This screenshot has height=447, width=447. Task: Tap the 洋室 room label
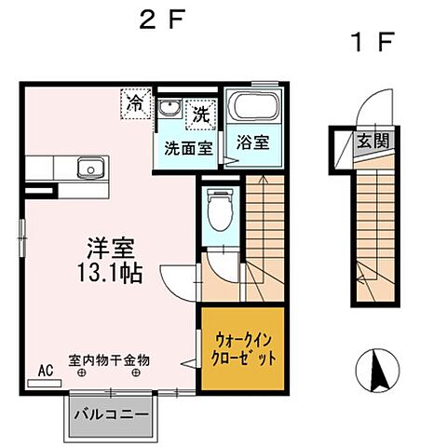111,249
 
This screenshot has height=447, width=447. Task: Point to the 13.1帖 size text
111,275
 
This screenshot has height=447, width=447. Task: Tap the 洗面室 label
189,146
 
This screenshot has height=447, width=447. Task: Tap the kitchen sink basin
88,169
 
